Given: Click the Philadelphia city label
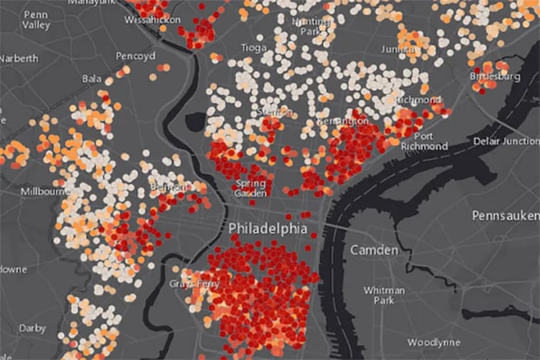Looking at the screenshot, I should (x=268, y=229).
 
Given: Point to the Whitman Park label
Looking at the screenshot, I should (x=384, y=295).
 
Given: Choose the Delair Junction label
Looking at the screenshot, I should (x=506, y=141).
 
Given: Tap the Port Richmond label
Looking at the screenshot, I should (x=431, y=141).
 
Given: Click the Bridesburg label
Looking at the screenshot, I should (x=495, y=76).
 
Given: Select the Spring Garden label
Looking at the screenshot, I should (x=251, y=188).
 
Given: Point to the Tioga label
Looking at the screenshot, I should (x=253, y=48).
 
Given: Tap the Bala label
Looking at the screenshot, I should (x=92, y=78).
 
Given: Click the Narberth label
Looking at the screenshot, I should (x=18, y=58).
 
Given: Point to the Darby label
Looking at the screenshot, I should (x=31, y=329).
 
